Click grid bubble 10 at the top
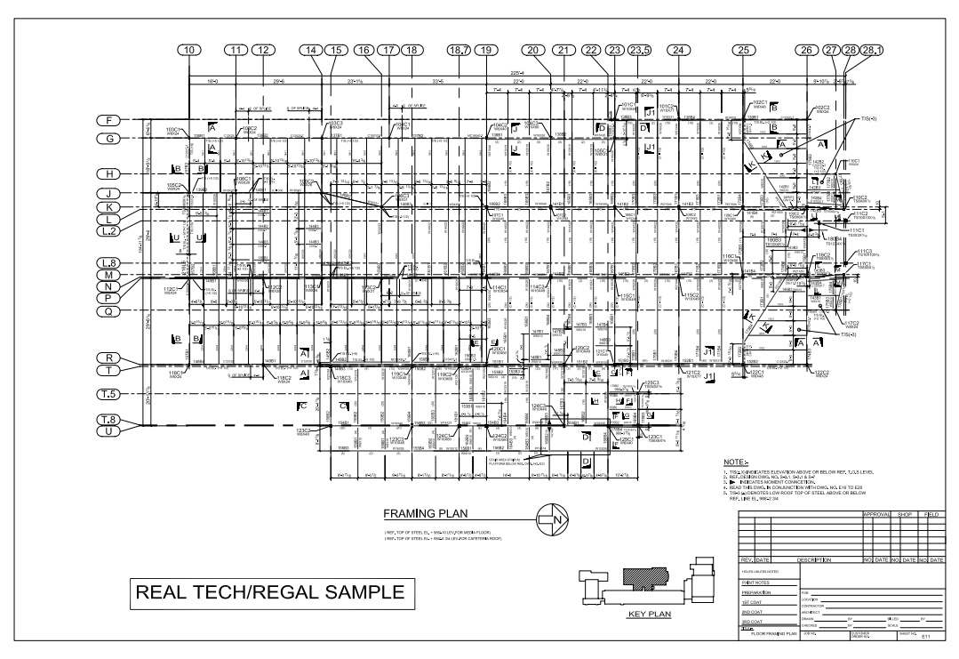click(188, 51)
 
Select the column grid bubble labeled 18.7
click(460, 51)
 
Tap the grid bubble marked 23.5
click(639, 51)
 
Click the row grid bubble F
click(109, 120)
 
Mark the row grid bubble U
click(109, 431)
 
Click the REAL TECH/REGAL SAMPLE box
click(268, 592)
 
